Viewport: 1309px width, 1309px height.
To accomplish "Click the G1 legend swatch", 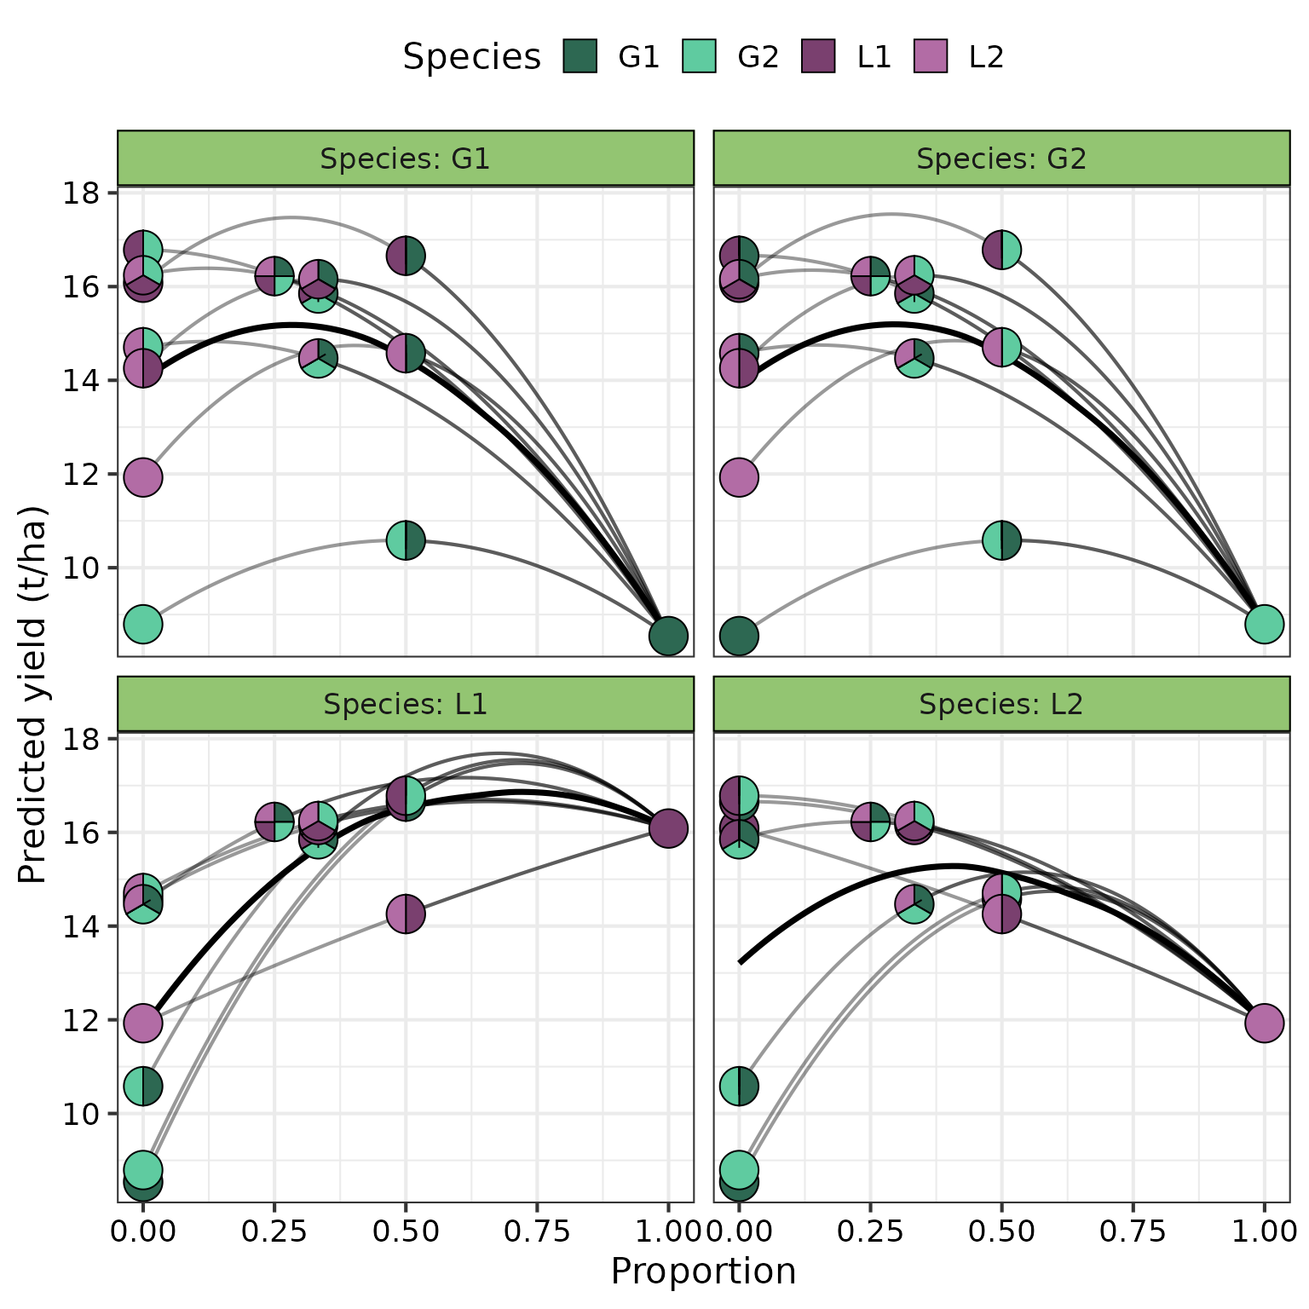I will tap(580, 56).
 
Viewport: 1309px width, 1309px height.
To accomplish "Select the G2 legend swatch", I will tap(699, 56).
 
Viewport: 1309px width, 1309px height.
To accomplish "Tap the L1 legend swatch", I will tap(818, 56).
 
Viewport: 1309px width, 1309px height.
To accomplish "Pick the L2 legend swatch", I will tap(930, 56).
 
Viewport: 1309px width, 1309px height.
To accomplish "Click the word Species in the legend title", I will tap(471, 57).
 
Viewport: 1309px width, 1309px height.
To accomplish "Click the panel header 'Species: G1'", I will tap(406, 159).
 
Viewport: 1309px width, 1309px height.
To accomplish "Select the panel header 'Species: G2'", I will tap(1001, 159).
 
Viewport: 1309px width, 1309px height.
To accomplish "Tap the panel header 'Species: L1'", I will tap(406, 704).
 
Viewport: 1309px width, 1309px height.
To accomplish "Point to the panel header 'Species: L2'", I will tap(1001, 704).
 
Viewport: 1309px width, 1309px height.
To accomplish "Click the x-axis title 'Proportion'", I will tap(703, 1271).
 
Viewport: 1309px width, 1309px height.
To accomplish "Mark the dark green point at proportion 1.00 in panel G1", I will tap(668, 636).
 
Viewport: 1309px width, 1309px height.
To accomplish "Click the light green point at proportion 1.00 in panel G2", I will tap(1264, 624).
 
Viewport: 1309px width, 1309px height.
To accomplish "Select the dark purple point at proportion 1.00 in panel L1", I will tap(668, 827).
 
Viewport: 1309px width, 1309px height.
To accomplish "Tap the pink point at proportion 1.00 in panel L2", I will tap(1264, 1023).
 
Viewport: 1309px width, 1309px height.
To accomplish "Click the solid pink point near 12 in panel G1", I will tap(143, 476).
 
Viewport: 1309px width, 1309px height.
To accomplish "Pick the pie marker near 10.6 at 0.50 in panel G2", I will tap(1001, 540).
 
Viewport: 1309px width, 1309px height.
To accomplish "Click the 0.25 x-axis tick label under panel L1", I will tap(274, 1231).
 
